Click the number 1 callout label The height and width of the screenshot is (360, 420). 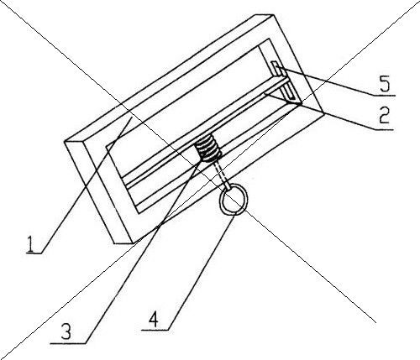point(30,243)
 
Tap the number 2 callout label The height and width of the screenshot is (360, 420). point(384,115)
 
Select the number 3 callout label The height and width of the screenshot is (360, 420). point(66,331)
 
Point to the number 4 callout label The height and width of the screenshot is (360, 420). point(154,320)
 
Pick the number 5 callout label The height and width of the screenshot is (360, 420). point(385,84)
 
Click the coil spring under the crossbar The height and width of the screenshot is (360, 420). point(208,149)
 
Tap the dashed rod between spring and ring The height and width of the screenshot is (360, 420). point(222,175)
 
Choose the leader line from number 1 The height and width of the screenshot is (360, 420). point(87,185)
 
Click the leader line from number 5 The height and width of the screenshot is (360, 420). point(327,81)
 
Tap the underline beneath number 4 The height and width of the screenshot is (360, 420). point(155,330)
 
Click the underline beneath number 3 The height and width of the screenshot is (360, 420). point(68,343)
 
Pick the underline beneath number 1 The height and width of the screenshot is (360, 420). point(34,253)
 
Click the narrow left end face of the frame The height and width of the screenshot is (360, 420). point(98,192)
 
